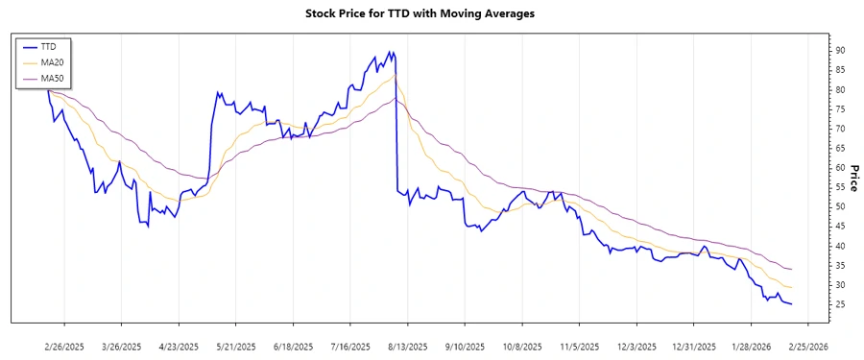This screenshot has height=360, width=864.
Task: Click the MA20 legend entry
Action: tap(54, 61)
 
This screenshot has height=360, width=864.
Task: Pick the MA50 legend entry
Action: tap(54, 78)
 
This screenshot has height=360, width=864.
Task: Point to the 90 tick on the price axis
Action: tap(840, 50)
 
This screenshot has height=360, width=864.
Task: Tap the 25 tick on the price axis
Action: tap(840, 305)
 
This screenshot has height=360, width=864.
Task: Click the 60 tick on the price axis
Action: tap(840, 168)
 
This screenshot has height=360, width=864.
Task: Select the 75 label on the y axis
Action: tap(840, 108)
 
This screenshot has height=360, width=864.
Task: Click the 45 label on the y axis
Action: tap(840, 227)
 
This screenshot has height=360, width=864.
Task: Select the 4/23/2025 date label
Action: tap(179, 346)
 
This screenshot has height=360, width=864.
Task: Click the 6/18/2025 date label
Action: tap(293, 346)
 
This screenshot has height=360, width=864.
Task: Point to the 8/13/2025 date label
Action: tap(407, 346)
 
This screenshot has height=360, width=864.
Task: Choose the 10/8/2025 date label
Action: tap(521, 346)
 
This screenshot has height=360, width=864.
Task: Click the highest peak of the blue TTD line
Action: tap(389, 52)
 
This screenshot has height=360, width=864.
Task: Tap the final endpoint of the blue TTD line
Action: tap(792, 304)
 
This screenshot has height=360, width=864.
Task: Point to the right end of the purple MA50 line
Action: tap(792, 269)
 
